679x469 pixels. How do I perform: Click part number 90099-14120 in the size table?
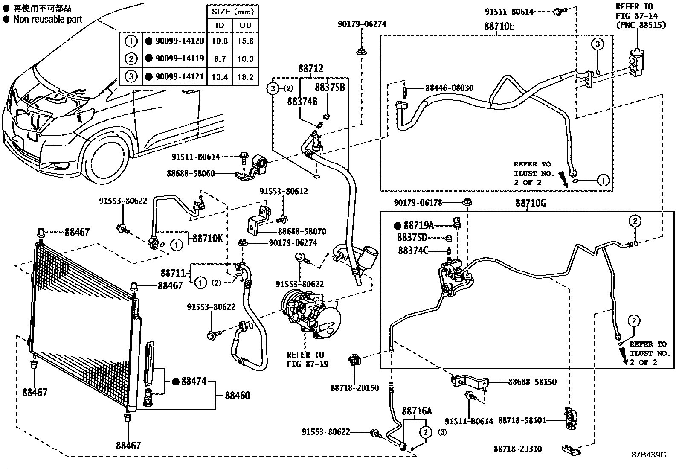180,41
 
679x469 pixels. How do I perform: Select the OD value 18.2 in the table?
245,77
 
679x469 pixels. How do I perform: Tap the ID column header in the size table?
220,26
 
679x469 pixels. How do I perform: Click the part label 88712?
310,69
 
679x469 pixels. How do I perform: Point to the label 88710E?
499,27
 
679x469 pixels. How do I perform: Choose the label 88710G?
530,203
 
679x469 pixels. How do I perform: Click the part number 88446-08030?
449,88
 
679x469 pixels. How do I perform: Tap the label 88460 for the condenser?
237,396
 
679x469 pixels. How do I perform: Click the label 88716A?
417,411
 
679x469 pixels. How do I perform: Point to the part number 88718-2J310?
517,449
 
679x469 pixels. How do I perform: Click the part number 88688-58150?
532,382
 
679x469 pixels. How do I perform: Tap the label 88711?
173,273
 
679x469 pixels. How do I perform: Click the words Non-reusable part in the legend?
48,19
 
